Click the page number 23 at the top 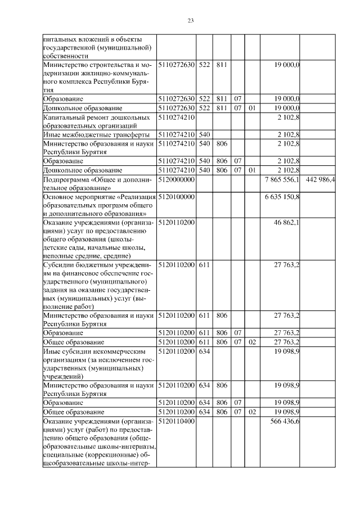pyautogui.click(x=190, y=21)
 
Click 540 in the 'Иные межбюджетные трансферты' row pyautogui.click(x=204, y=135)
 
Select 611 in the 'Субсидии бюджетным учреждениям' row pyautogui.click(x=204, y=264)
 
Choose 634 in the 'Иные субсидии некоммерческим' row pyautogui.click(x=204, y=350)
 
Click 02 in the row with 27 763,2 pyautogui.click(x=252, y=342)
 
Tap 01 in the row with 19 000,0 pyautogui.click(x=252, y=107)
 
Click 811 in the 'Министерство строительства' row pyautogui.click(x=221, y=65)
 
